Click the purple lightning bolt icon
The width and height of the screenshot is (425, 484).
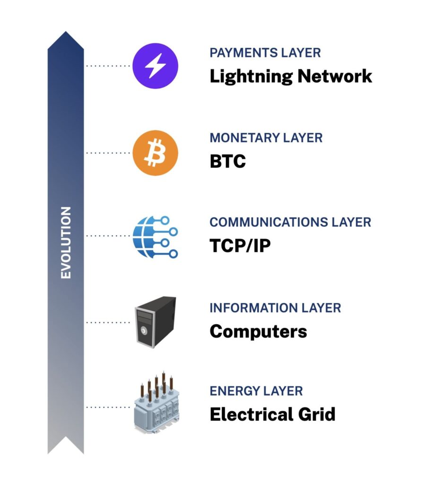[155, 66]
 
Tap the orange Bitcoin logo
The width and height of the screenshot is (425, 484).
[155, 153]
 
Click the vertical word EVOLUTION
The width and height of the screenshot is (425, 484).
[66, 242]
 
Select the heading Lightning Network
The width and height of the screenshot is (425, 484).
[291, 76]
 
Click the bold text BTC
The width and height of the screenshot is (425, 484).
[228, 162]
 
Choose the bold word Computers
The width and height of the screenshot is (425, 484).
[258, 331]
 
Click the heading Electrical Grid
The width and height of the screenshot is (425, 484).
[272, 415]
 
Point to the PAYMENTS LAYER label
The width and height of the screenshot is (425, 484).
[265, 52]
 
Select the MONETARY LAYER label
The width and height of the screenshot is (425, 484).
[266, 138]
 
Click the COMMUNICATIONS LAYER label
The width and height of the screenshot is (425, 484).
[290, 222]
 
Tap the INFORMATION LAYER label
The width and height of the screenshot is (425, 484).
[275, 308]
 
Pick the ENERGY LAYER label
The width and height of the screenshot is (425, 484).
[256, 391]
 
